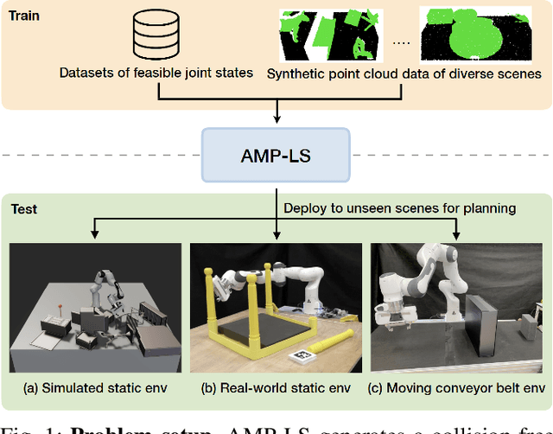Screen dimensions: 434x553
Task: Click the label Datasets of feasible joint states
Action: click(x=157, y=74)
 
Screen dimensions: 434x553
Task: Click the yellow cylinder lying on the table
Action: click(x=332, y=339)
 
